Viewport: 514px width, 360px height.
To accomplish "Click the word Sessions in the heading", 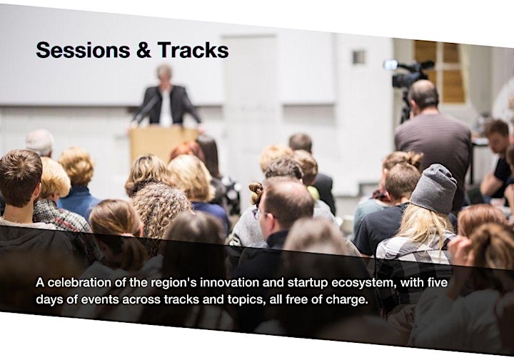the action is (x=83, y=50).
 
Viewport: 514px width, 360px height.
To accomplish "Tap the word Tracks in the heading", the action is (x=193, y=50).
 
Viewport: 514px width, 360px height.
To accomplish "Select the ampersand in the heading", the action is (x=143, y=50).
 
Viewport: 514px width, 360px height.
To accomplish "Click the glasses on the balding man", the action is (x=261, y=214).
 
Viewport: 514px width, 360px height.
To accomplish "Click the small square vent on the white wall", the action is (x=359, y=57).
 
